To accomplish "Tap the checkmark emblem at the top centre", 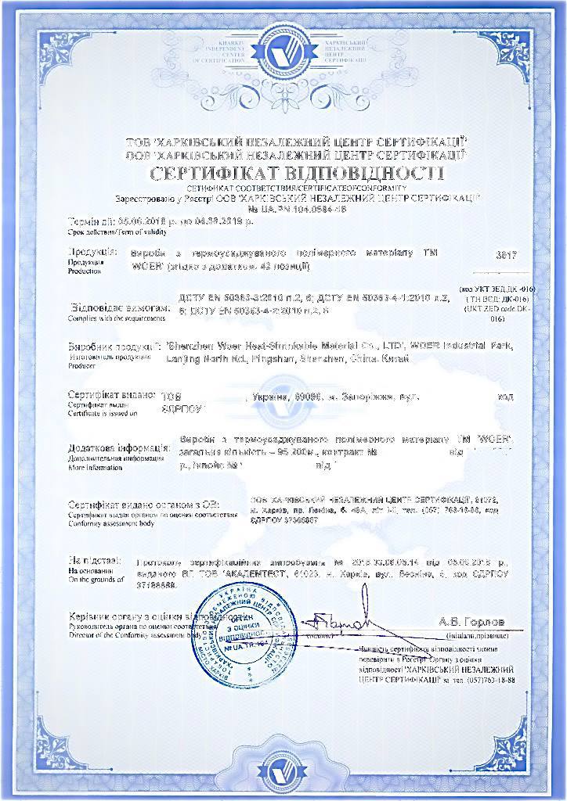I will point(283,52).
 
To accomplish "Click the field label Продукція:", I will point(92,253).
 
